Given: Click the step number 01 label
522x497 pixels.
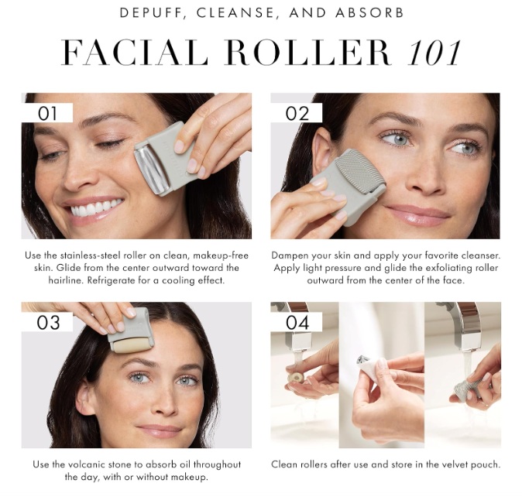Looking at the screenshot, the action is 47,113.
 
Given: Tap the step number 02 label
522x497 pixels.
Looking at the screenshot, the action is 297,113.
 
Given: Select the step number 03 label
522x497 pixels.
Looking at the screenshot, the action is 48,322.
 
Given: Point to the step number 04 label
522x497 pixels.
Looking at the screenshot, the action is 297,322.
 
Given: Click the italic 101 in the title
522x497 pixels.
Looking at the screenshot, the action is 434,53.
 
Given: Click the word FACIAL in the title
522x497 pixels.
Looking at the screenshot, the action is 135,53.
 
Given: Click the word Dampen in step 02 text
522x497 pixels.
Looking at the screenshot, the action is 290,255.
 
